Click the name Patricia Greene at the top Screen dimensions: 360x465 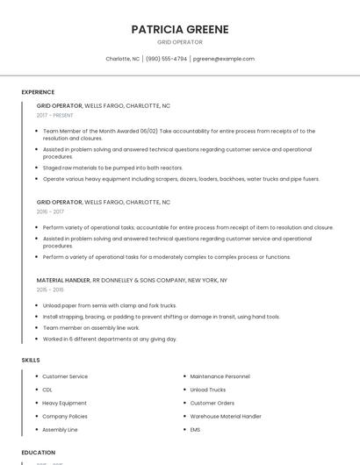click(179, 29)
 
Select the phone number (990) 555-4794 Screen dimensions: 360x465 click(166, 59)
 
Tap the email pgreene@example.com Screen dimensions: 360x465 click(223, 59)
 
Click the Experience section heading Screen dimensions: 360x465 click(38, 92)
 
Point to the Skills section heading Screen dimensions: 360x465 click(31, 361)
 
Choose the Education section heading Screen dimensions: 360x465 click(39, 452)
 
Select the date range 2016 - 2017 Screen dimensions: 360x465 click(50, 211)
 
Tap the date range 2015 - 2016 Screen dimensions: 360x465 click(50, 290)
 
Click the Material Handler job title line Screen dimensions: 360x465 click(132, 280)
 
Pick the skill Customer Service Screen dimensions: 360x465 click(65, 376)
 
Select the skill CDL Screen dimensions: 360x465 click(47, 390)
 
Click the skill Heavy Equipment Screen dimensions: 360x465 click(64, 403)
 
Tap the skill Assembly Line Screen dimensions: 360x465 click(60, 430)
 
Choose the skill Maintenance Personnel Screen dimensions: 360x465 click(220, 376)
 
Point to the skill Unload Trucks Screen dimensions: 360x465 click(207, 390)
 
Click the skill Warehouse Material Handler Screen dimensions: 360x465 click(226, 416)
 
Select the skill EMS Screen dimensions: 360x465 click(195, 430)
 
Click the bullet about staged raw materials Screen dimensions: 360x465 click(112, 168)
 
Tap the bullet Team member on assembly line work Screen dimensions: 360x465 click(90, 327)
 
